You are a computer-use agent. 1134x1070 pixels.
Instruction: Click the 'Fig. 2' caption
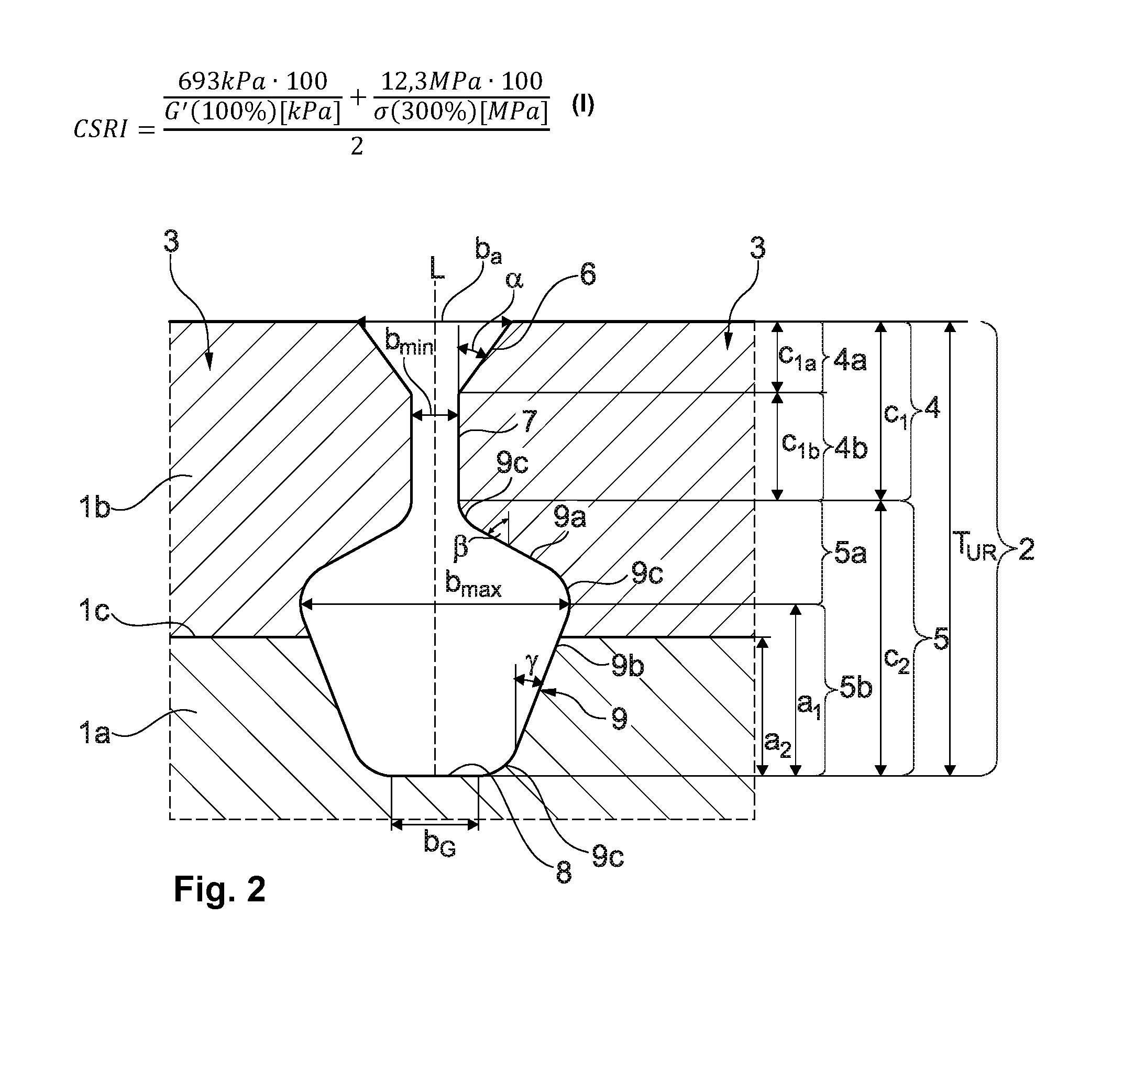tap(219, 889)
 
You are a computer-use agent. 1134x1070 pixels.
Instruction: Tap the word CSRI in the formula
tap(101, 129)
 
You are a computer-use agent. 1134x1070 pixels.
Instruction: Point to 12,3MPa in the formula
tap(421, 82)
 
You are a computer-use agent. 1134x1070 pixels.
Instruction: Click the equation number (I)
tap(583, 105)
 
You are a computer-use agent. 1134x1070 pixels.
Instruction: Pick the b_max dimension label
tap(473, 584)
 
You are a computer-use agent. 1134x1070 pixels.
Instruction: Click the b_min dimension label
tap(409, 342)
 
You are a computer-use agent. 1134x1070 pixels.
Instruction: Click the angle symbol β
tap(460, 547)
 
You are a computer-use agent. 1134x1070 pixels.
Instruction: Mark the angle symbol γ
tap(532, 664)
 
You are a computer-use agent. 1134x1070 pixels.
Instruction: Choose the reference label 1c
tap(94, 611)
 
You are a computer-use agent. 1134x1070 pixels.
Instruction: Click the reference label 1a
tap(94, 732)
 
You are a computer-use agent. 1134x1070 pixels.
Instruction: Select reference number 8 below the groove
tap(564, 872)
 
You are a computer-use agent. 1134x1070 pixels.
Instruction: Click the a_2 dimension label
tap(778, 744)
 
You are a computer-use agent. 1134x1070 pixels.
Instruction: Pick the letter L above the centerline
tap(437, 269)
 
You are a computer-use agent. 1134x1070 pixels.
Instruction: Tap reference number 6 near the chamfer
tap(588, 274)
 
